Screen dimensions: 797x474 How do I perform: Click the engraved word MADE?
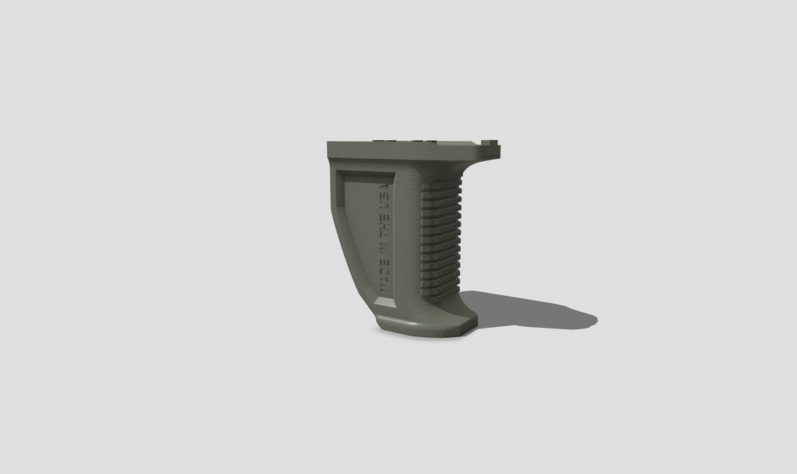(x=384, y=275)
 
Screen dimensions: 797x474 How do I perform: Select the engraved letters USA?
(x=384, y=195)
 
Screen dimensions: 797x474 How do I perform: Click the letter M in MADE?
(x=384, y=288)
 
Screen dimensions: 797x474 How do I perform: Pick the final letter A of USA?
(x=384, y=186)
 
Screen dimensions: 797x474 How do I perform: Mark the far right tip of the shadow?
(x=597, y=320)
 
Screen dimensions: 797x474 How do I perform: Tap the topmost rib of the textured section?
(x=443, y=181)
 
